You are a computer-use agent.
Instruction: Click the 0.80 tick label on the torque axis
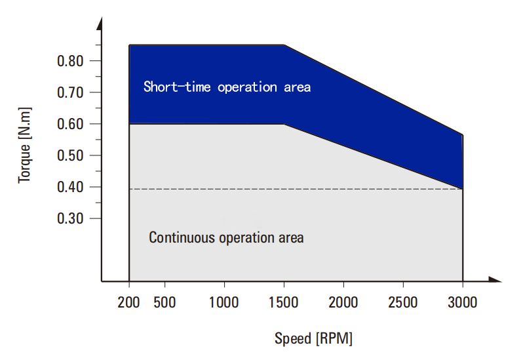[70, 61]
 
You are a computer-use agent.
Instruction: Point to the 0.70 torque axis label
[70, 92]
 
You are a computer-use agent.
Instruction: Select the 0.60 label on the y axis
[70, 124]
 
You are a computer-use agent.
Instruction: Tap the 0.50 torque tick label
[70, 155]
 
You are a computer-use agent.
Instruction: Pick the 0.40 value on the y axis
[70, 187]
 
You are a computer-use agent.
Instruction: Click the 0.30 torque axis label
[70, 218]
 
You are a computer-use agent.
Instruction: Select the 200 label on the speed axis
[128, 302]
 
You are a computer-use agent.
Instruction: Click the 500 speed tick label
[164, 302]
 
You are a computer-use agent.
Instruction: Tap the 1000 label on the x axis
[223, 302]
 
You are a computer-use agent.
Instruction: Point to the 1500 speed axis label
[283, 302]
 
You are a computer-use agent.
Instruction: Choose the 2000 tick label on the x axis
[343, 302]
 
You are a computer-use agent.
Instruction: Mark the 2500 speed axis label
[403, 302]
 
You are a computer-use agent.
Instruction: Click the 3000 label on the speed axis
[463, 302]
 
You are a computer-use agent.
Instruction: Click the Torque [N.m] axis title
[25, 146]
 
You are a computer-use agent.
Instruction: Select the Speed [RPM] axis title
[313, 339]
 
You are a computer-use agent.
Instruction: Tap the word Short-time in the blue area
[177, 87]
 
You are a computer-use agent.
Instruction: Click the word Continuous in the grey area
[182, 237]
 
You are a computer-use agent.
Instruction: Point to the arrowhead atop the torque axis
[100, 24]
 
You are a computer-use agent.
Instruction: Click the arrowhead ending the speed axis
[495, 279]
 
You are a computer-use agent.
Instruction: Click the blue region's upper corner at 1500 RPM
[284, 45]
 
